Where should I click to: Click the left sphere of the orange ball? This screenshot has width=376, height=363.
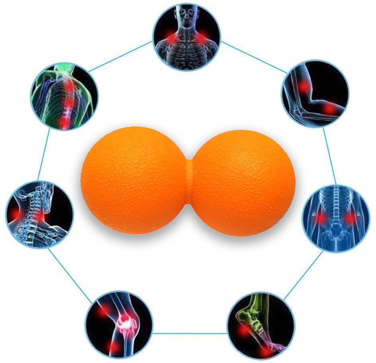coord(133,181)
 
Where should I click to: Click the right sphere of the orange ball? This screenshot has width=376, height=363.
coord(243,181)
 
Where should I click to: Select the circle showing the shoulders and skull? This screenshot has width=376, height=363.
coord(187,36)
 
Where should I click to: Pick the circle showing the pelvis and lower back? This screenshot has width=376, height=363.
coord(336,217)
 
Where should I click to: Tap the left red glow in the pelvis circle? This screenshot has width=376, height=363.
coord(320,218)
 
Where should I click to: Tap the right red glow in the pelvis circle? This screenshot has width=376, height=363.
coord(350,218)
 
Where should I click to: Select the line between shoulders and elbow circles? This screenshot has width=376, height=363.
coord(252,56)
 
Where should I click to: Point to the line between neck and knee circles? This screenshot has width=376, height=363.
coord(68,272)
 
